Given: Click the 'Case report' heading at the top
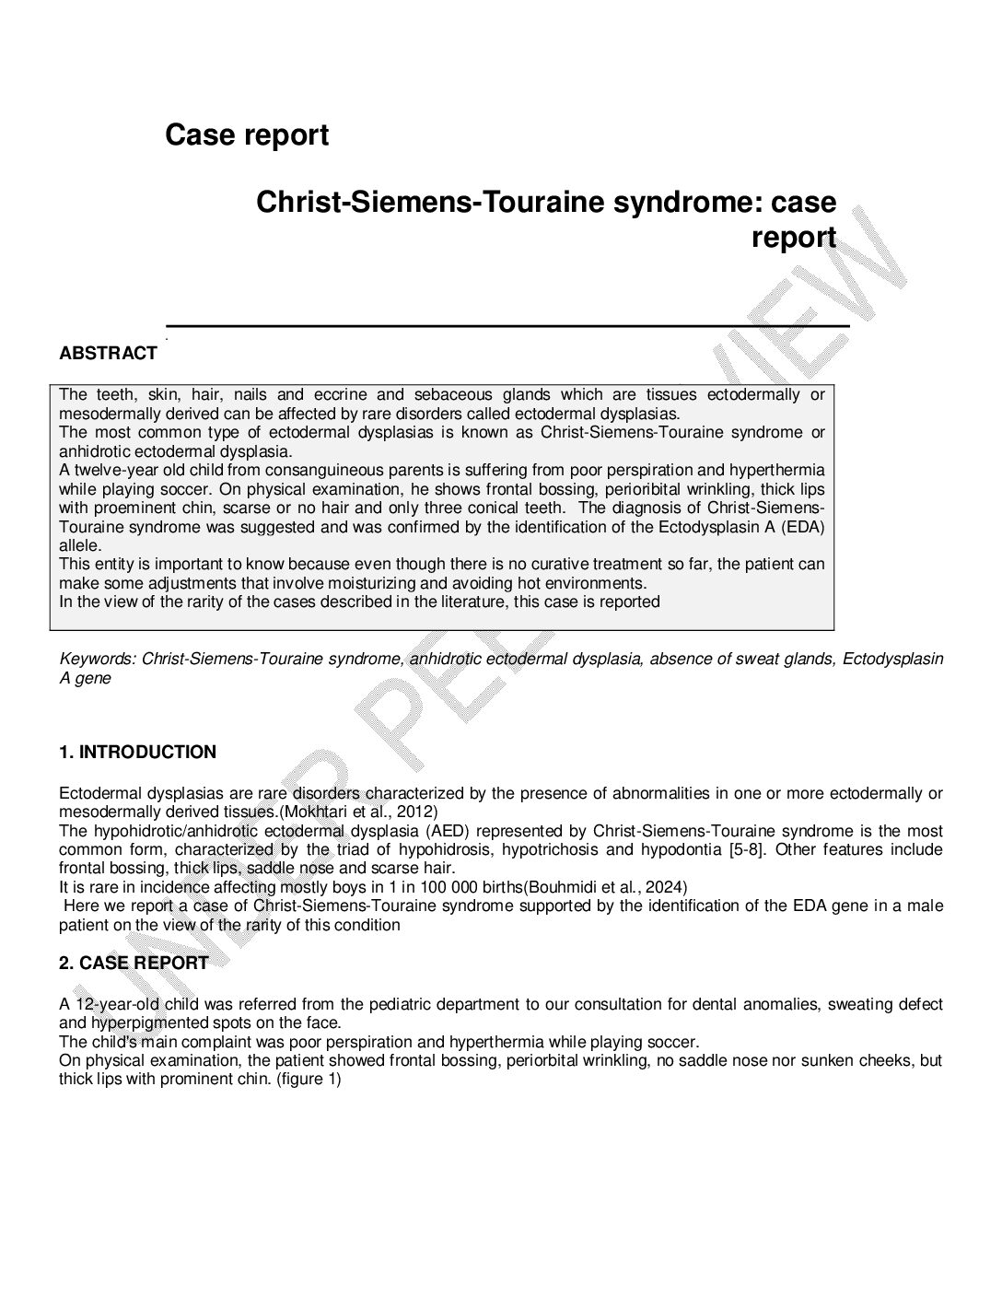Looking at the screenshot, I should coord(247,135).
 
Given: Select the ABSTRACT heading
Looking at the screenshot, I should coord(108,354).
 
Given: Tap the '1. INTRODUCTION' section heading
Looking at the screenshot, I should coord(137,753).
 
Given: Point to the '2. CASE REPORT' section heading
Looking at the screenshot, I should coord(134,964).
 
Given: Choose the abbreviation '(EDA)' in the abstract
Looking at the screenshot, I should coord(803,527).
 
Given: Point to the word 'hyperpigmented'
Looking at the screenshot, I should coord(143,1022).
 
